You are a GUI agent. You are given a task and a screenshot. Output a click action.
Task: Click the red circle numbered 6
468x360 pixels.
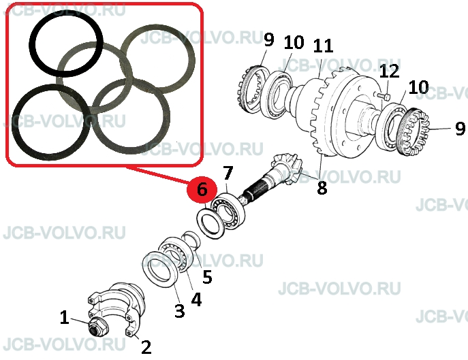point(202,190)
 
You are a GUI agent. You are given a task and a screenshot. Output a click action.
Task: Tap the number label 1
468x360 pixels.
point(65,317)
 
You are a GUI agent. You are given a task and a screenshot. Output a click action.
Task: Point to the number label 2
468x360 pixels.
point(146,347)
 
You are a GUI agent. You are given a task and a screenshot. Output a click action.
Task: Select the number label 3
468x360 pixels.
point(180,311)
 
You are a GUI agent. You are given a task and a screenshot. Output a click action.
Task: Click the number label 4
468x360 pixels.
point(196,299)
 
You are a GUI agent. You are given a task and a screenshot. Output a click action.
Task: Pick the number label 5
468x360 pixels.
point(207,277)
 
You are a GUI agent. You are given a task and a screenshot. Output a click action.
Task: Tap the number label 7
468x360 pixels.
point(228,173)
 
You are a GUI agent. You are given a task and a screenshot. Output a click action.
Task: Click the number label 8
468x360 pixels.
point(322,189)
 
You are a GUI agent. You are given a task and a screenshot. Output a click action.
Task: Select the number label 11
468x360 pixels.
point(323,46)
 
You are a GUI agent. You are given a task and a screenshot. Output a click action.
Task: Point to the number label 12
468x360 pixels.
point(389,71)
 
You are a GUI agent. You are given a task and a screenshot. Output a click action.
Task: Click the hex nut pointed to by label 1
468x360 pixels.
point(98,327)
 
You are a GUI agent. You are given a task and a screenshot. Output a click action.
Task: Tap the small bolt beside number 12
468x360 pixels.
point(384,97)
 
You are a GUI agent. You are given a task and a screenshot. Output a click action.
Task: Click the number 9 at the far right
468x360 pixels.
point(461,128)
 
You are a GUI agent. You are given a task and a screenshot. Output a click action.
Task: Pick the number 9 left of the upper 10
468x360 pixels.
point(268,39)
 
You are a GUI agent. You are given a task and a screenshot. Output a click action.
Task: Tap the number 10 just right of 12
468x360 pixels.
point(418,87)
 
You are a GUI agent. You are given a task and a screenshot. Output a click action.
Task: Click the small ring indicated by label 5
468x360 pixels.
point(191,240)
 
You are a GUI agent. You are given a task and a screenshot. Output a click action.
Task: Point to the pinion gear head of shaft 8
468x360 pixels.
point(286,169)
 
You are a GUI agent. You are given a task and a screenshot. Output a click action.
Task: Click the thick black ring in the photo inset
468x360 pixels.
point(66,44)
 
